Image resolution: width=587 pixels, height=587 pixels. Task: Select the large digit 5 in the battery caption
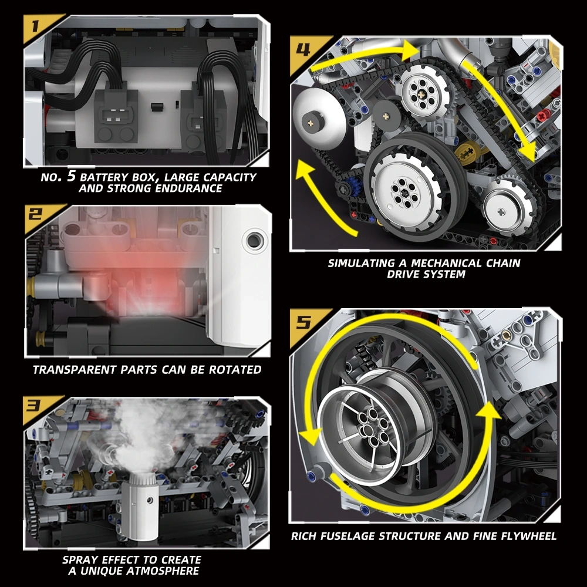click(71, 176)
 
